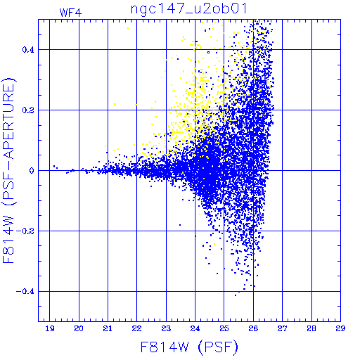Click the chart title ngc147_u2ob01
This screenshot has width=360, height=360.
point(188,9)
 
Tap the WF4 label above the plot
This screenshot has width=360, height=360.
point(70,13)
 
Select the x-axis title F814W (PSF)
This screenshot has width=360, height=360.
point(189,347)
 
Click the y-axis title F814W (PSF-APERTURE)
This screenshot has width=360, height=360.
point(8,170)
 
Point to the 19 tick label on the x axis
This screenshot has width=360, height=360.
point(50,328)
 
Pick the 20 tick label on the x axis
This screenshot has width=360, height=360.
point(79,328)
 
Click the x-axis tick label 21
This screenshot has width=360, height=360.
point(108,328)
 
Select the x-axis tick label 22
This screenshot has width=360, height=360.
point(137,328)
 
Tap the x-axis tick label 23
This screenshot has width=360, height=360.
point(166,328)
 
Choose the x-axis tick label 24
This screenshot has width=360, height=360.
point(195,328)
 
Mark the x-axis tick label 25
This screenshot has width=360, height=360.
point(224,328)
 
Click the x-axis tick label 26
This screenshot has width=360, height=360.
point(253,328)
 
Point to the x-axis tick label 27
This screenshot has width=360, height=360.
point(282,328)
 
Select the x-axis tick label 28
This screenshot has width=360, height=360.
point(311,328)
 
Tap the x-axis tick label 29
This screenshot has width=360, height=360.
point(340,328)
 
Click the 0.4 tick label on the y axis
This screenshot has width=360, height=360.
point(28,50)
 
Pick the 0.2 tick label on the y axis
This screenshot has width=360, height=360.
point(28,110)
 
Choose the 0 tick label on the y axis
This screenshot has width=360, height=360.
point(32,171)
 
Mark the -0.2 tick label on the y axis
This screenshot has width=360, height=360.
point(25,231)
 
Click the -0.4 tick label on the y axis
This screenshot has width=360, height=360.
point(25,292)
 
